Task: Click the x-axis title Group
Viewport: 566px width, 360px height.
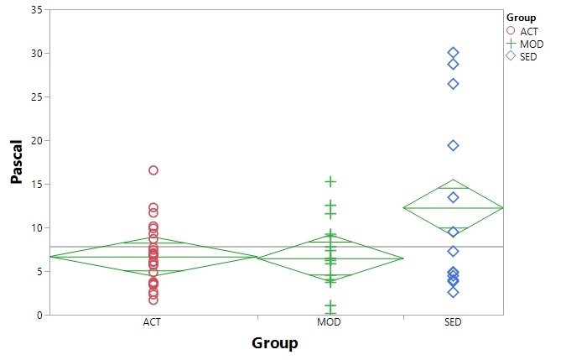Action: pyautogui.click(x=274, y=342)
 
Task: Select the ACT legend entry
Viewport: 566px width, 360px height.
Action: pyautogui.click(x=528, y=31)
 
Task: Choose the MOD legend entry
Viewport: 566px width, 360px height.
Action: pyautogui.click(x=531, y=44)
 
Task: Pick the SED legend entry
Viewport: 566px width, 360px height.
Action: pyautogui.click(x=528, y=56)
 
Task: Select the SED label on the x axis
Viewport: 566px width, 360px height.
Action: pyautogui.click(x=453, y=323)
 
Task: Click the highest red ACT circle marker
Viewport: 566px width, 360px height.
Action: pyautogui.click(x=153, y=170)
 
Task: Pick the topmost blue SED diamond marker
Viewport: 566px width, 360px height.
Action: pyautogui.click(x=453, y=53)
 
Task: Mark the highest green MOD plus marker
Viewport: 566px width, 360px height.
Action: pyautogui.click(x=331, y=181)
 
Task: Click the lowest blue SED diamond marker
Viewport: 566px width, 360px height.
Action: pyautogui.click(x=453, y=292)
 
